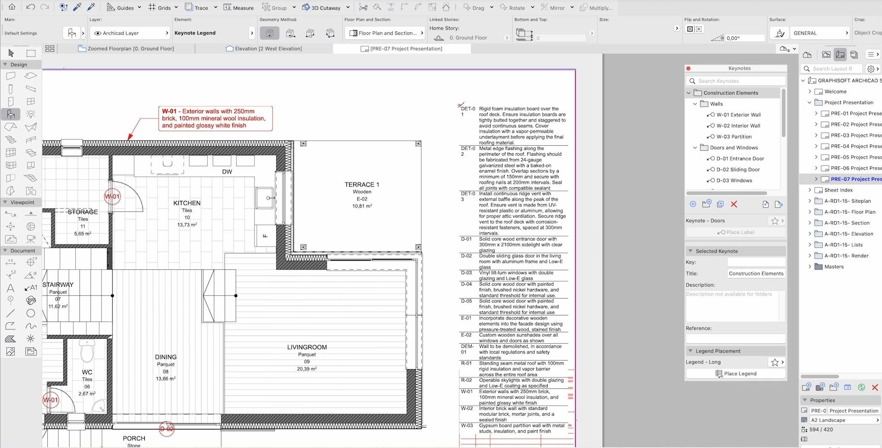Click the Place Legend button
click(x=736, y=374)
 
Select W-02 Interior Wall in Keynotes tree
click(x=738, y=125)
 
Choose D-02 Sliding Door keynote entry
click(x=738, y=170)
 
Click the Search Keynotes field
click(x=736, y=81)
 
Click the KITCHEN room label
click(x=187, y=203)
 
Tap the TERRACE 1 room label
click(x=362, y=184)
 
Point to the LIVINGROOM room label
click(x=307, y=347)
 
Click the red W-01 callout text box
click(x=215, y=118)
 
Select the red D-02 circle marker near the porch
click(x=166, y=429)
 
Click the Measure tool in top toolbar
click(x=238, y=7)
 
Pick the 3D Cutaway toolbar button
click(x=321, y=7)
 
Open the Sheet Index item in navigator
click(x=838, y=190)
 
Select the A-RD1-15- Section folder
click(x=846, y=223)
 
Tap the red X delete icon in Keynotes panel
click(x=734, y=204)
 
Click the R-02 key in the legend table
click(x=466, y=380)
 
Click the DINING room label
click(x=165, y=357)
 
